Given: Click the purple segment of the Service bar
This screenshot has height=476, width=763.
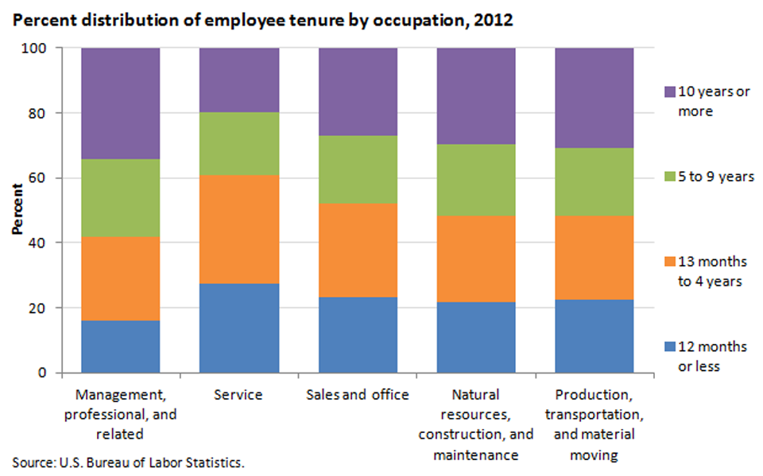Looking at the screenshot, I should tap(238, 80).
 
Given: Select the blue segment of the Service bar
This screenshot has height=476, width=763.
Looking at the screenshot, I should tap(238, 328).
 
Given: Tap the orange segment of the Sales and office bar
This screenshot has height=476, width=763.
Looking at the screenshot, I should tap(358, 250).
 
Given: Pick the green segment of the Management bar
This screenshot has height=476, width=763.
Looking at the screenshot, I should tap(121, 197).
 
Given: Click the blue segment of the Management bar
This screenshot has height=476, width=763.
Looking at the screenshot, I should tap(121, 346).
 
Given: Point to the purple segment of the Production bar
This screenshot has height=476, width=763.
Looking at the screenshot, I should tap(595, 97).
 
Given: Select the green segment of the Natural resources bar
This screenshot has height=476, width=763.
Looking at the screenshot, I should tap(476, 180).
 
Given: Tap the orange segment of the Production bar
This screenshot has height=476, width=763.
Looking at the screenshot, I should tap(595, 258).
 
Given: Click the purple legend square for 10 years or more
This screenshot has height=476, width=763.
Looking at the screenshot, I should tap(670, 91).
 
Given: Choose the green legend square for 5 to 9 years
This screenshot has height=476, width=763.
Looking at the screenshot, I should tap(670, 177).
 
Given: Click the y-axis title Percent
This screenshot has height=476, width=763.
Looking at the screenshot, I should tap(17, 210).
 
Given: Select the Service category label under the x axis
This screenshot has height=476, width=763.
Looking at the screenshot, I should tap(238, 395).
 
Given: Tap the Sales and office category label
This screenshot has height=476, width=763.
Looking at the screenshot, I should tap(358, 395).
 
